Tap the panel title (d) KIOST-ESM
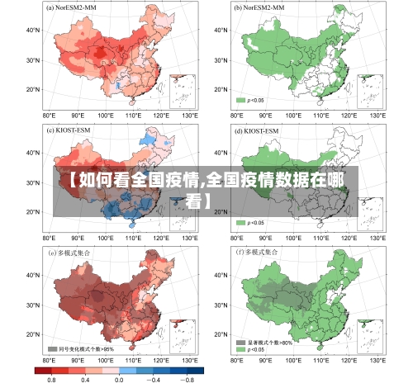pos(255,130)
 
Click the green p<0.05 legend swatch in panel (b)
pos(241,100)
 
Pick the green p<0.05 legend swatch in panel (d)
pos(241,222)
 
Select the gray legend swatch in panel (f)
pos(241,342)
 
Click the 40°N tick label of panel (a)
pos(32,30)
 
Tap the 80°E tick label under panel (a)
pos(49,116)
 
